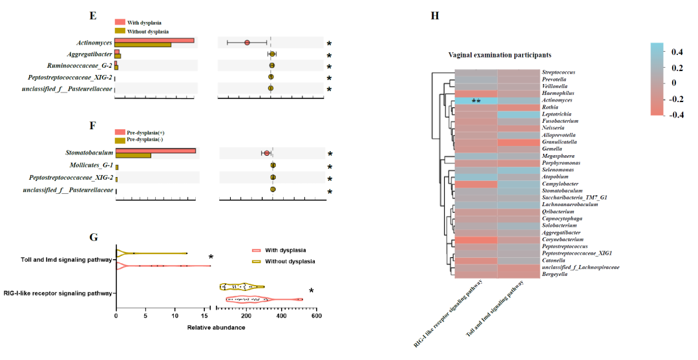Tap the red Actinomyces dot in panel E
coord(247,43)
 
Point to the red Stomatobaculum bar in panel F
coord(155,151)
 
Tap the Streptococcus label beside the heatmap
coord(558,72)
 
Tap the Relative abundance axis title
coord(216,328)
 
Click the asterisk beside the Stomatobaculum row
coord(329,154)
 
